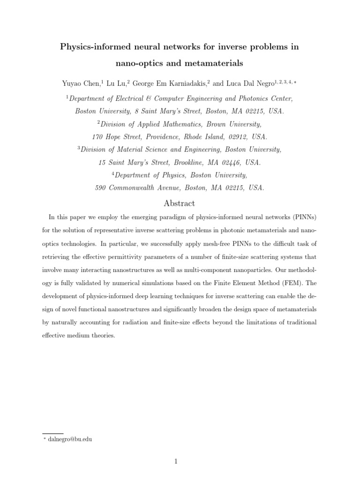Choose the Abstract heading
coord(180,203)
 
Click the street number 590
coord(101,188)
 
